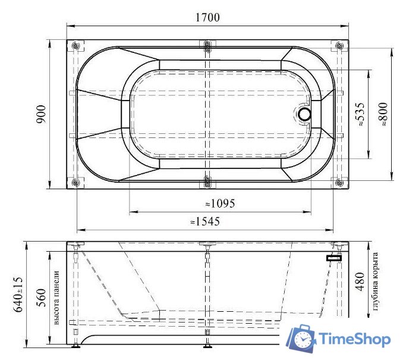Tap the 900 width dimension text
pyautogui.click(x=41, y=114)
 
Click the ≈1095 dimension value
pyautogui.click(x=220, y=204)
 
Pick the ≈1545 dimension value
pyautogui.click(x=205, y=221)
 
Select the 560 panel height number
pyautogui.click(x=41, y=296)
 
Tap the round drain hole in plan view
pyautogui.click(x=305, y=114)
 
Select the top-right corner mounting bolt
pyautogui.click(x=339, y=46)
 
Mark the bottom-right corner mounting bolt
pyautogui.click(x=339, y=183)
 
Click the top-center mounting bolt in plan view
pyautogui.click(x=206, y=46)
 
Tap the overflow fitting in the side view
pyautogui.click(x=333, y=258)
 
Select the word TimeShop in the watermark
pyautogui.click(x=355, y=340)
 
